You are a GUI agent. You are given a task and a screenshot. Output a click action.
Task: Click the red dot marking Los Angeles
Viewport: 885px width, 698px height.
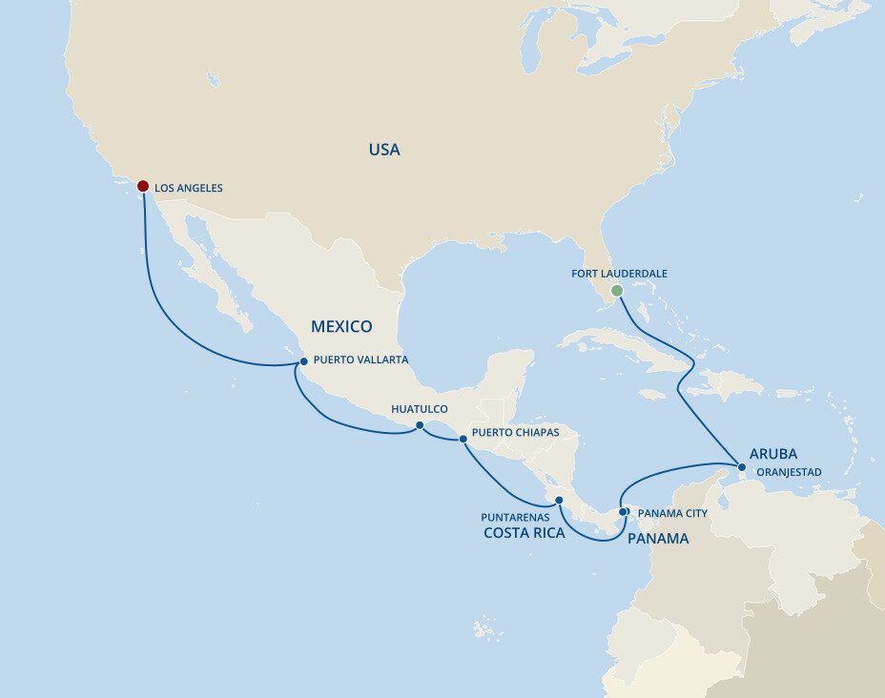tap(143, 186)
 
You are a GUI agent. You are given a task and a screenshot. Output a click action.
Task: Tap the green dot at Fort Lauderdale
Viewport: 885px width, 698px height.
tap(617, 290)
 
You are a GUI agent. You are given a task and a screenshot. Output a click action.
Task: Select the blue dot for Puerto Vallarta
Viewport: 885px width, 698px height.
tap(303, 361)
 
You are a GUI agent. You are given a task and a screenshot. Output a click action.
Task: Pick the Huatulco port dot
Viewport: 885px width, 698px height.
tap(420, 425)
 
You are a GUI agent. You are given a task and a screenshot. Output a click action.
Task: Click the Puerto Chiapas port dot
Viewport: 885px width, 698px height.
tap(463, 440)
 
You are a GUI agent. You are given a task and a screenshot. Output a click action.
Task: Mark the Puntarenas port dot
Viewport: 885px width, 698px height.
tap(560, 500)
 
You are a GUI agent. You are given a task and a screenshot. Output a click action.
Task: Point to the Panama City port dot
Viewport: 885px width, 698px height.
tap(623, 512)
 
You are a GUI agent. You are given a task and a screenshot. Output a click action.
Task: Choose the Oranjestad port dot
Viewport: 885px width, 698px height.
tap(742, 466)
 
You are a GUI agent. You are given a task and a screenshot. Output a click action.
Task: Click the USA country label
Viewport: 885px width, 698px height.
tap(384, 150)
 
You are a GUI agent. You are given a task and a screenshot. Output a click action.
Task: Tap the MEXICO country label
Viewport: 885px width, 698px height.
tap(341, 326)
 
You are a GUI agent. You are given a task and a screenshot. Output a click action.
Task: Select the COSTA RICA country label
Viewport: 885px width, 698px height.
tap(525, 533)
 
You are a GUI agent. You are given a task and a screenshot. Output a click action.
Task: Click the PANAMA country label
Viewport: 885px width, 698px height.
tap(658, 539)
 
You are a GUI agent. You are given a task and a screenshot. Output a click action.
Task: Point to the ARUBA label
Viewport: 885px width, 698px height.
tap(773, 454)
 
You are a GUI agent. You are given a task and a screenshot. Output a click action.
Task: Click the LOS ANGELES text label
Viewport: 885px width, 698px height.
tap(189, 189)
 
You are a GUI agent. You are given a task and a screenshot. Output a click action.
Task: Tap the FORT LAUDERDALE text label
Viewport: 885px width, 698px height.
tap(619, 274)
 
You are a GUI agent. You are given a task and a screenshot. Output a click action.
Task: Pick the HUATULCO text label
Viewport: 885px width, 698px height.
tap(420, 409)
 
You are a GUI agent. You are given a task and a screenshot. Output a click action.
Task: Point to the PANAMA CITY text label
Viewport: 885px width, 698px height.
tap(673, 513)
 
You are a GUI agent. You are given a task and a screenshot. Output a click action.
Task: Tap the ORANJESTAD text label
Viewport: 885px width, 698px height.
tap(788, 472)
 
